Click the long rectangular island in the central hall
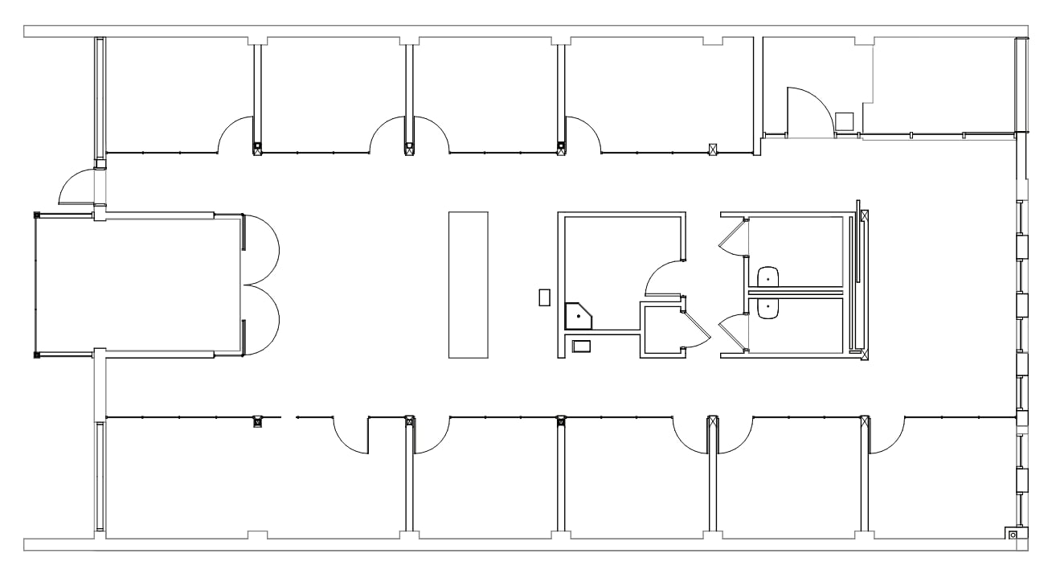[x=468, y=284]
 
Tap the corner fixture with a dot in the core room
[x=577, y=316]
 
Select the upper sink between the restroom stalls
[x=769, y=277]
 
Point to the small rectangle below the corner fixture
[x=581, y=346]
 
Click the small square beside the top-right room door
[x=844, y=121]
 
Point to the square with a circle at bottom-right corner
[x=1013, y=535]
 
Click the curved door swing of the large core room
[x=663, y=277]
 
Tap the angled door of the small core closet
[x=696, y=327]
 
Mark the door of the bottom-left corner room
[x=351, y=436]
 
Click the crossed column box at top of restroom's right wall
[x=864, y=215]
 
